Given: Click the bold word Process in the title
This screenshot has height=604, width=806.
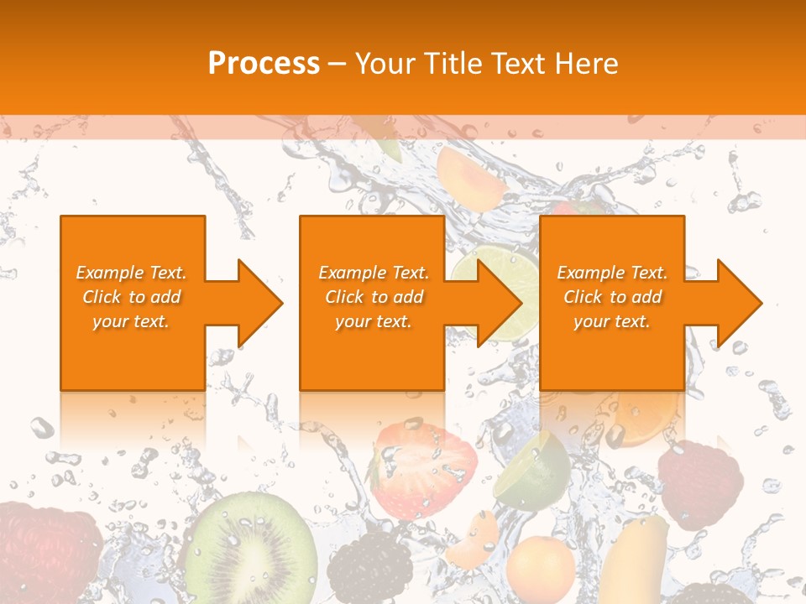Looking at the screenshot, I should click(264, 64).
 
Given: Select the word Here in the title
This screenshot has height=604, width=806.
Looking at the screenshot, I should click(584, 64).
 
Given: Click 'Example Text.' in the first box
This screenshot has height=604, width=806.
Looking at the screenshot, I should click(132, 273).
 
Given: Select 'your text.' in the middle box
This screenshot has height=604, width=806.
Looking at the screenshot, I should click(373, 321).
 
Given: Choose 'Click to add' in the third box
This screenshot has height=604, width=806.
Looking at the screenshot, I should click(612, 297).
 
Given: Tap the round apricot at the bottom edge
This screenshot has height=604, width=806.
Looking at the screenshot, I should click(540, 570).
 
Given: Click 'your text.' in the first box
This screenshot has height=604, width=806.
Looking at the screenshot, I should click(132, 321).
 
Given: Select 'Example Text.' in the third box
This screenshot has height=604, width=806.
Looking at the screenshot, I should click(612, 273).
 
